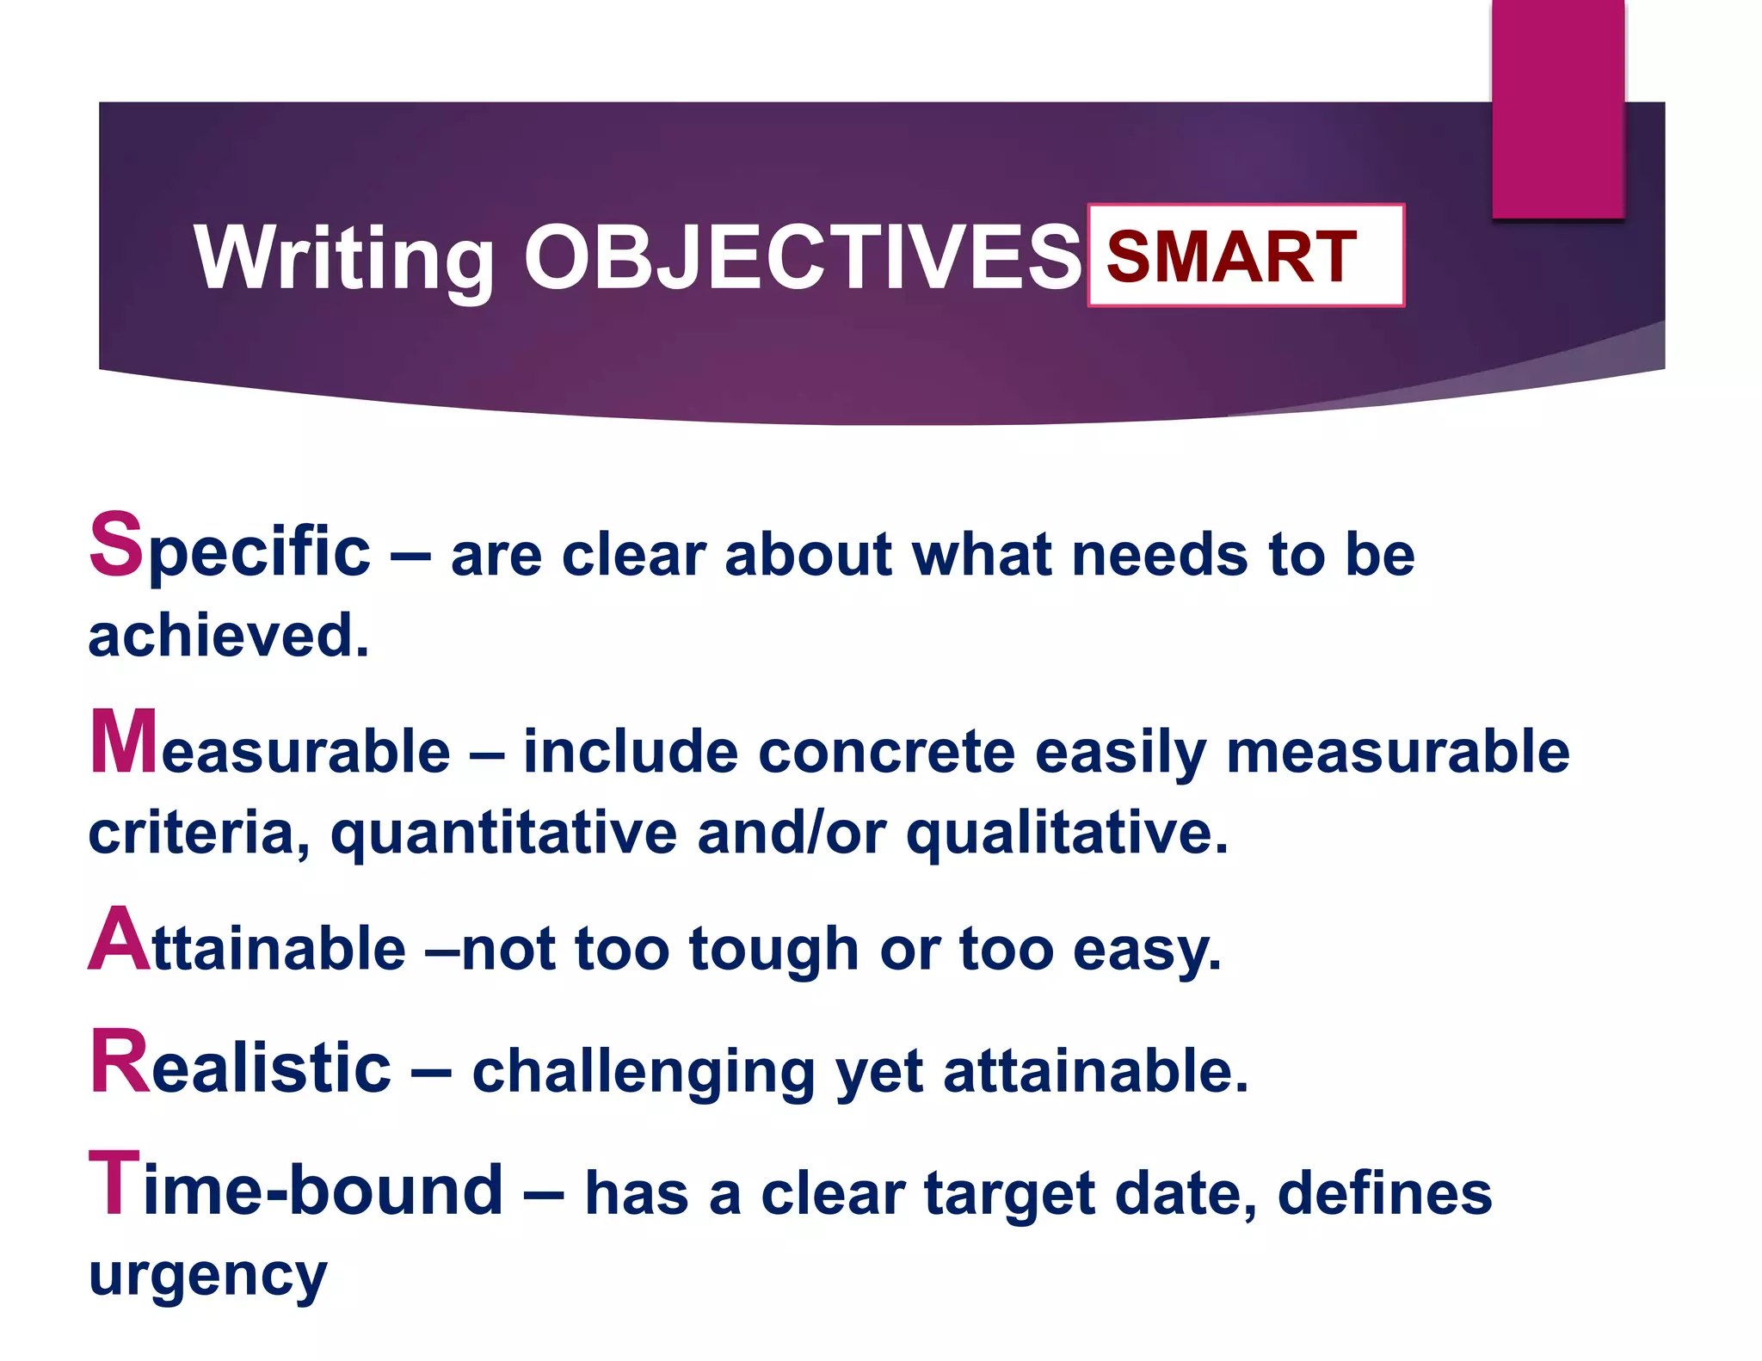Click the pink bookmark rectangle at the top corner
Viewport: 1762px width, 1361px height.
[1557, 108]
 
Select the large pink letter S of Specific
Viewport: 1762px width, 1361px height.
[116, 544]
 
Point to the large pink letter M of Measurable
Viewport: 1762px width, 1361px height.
[124, 742]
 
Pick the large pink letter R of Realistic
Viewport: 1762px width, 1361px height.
[120, 1063]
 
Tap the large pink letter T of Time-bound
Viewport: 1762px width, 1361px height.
[114, 1185]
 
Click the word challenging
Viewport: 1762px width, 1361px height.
[644, 1072]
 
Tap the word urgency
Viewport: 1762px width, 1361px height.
[207, 1277]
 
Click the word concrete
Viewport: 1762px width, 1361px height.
[886, 751]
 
